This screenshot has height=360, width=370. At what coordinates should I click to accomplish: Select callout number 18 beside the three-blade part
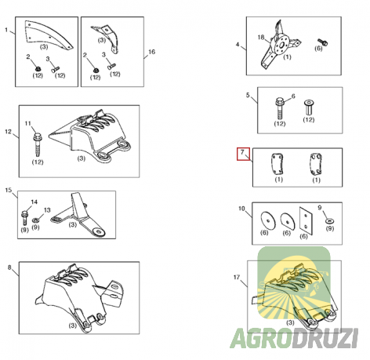pos(260,38)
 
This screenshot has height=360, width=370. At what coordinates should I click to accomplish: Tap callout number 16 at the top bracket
pos(152,52)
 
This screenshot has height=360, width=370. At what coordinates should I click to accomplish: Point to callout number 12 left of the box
pos(8,133)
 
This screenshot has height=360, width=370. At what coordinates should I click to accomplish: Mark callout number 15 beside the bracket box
pos(8,191)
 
